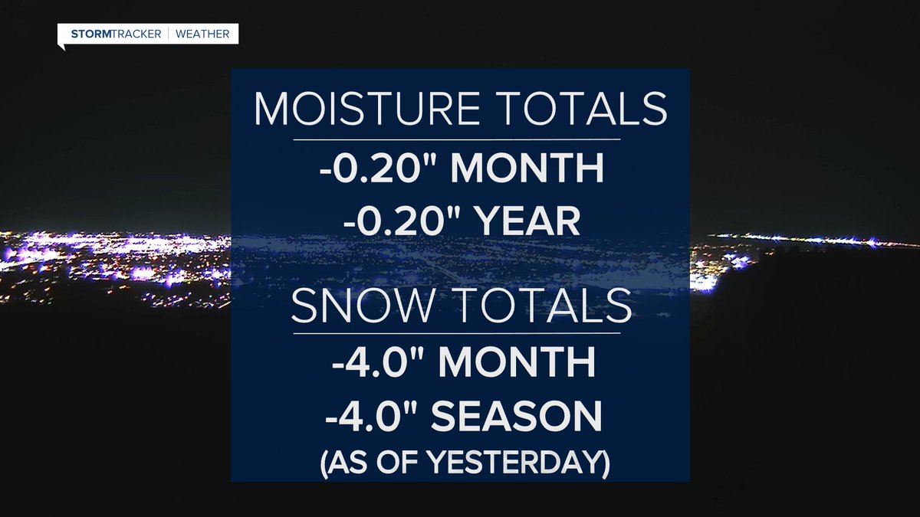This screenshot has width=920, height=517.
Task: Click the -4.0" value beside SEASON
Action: (366, 417)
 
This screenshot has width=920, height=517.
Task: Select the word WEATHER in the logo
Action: (205, 34)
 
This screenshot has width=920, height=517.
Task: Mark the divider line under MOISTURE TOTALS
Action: (456, 139)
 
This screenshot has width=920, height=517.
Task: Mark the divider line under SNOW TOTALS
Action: (456, 332)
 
